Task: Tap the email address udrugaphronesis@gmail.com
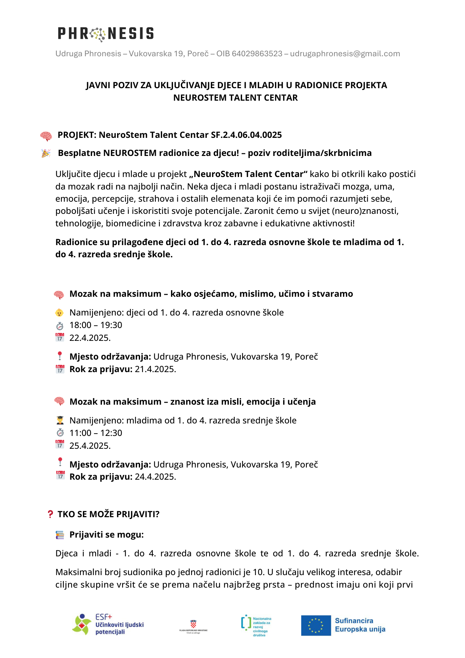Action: (345, 54)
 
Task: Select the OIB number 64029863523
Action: (257, 54)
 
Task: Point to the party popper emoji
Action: (46, 153)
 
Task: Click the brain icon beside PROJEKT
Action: (46, 136)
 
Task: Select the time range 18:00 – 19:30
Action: (96, 325)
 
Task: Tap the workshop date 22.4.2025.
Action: (90, 338)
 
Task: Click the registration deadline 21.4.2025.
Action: (155, 369)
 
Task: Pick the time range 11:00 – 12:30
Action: (96, 433)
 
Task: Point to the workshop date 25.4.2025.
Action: (90, 446)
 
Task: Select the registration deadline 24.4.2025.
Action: (155, 477)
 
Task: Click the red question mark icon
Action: (50, 514)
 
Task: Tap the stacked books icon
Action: (60, 535)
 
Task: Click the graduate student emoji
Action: (60, 420)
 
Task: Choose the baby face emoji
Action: (60, 313)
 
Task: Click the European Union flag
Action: (316, 625)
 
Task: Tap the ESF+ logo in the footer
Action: (108, 624)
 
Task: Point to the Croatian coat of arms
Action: (193, 624)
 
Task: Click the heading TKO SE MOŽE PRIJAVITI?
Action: (109, 514)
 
